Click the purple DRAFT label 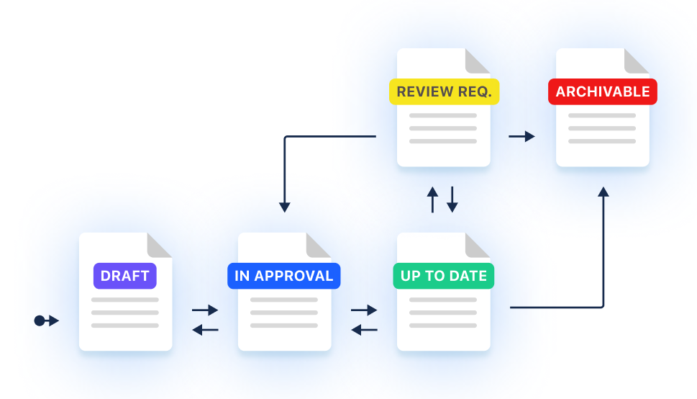[124, 276]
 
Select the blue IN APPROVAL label [283, 276]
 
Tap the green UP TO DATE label [443, 276]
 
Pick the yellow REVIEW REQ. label [444, 92]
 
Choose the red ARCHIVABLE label [603, 92]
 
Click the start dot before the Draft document [40, 320]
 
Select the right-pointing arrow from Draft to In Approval [205, 310]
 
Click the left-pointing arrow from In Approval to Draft [205, 330]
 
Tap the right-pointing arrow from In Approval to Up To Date [364, 310]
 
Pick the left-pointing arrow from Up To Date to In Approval [364, 330]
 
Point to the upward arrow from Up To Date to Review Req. [432, 199]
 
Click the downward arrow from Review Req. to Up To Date [452, 199]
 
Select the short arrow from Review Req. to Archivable [522, 136]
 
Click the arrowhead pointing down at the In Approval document [285, 207]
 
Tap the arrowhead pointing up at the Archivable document [603, 192]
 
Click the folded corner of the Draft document [158, 246]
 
